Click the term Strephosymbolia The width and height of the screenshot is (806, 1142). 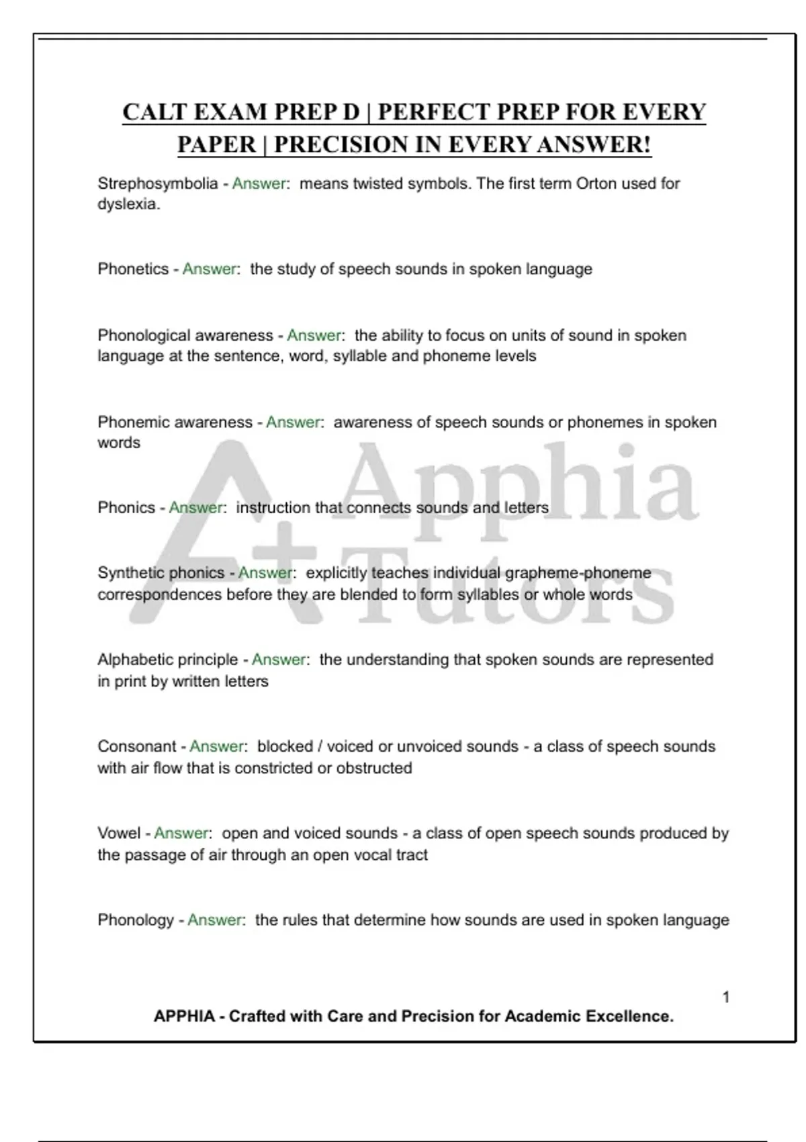(158, 183)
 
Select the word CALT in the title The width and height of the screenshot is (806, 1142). (154, 112)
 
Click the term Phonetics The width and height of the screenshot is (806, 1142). (133, 269)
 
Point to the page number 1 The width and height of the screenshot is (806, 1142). (726, 997)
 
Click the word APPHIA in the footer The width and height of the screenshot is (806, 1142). (184, 1016)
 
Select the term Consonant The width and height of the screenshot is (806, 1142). (137, 746)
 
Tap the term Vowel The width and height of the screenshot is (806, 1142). (119, 833)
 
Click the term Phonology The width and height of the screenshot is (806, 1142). (136, 920)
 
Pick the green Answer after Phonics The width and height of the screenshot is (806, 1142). (195, 508)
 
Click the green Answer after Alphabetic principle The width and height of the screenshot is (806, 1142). (279, 660)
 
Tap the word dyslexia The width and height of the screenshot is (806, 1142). (128, 204)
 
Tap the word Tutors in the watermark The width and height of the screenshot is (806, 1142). (510, 591)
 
